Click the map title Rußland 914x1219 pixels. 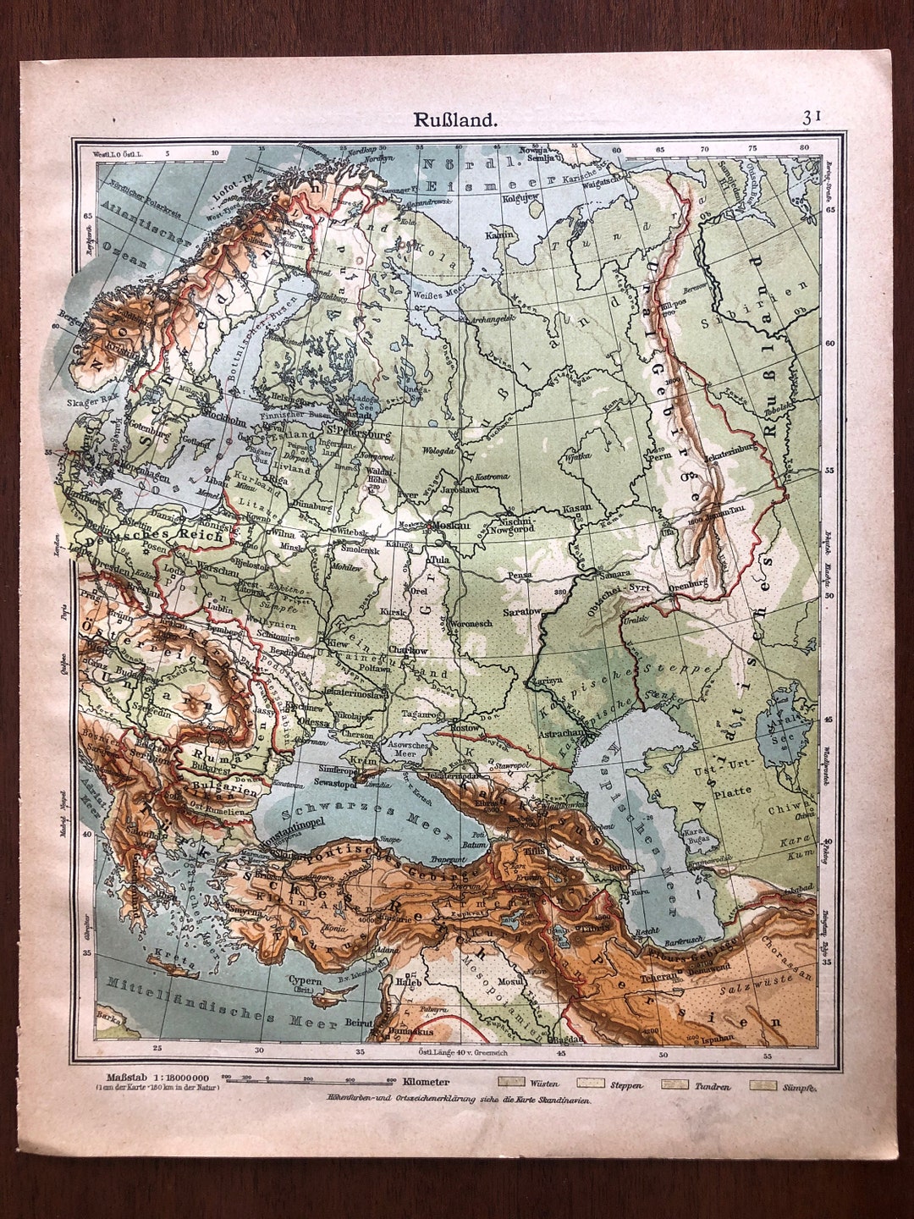(x=455, y=119)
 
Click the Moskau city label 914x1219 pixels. (x=451, y=526)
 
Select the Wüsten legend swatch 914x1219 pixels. (x=510, y=1083)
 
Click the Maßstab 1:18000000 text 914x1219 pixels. (x=141, y=1078)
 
